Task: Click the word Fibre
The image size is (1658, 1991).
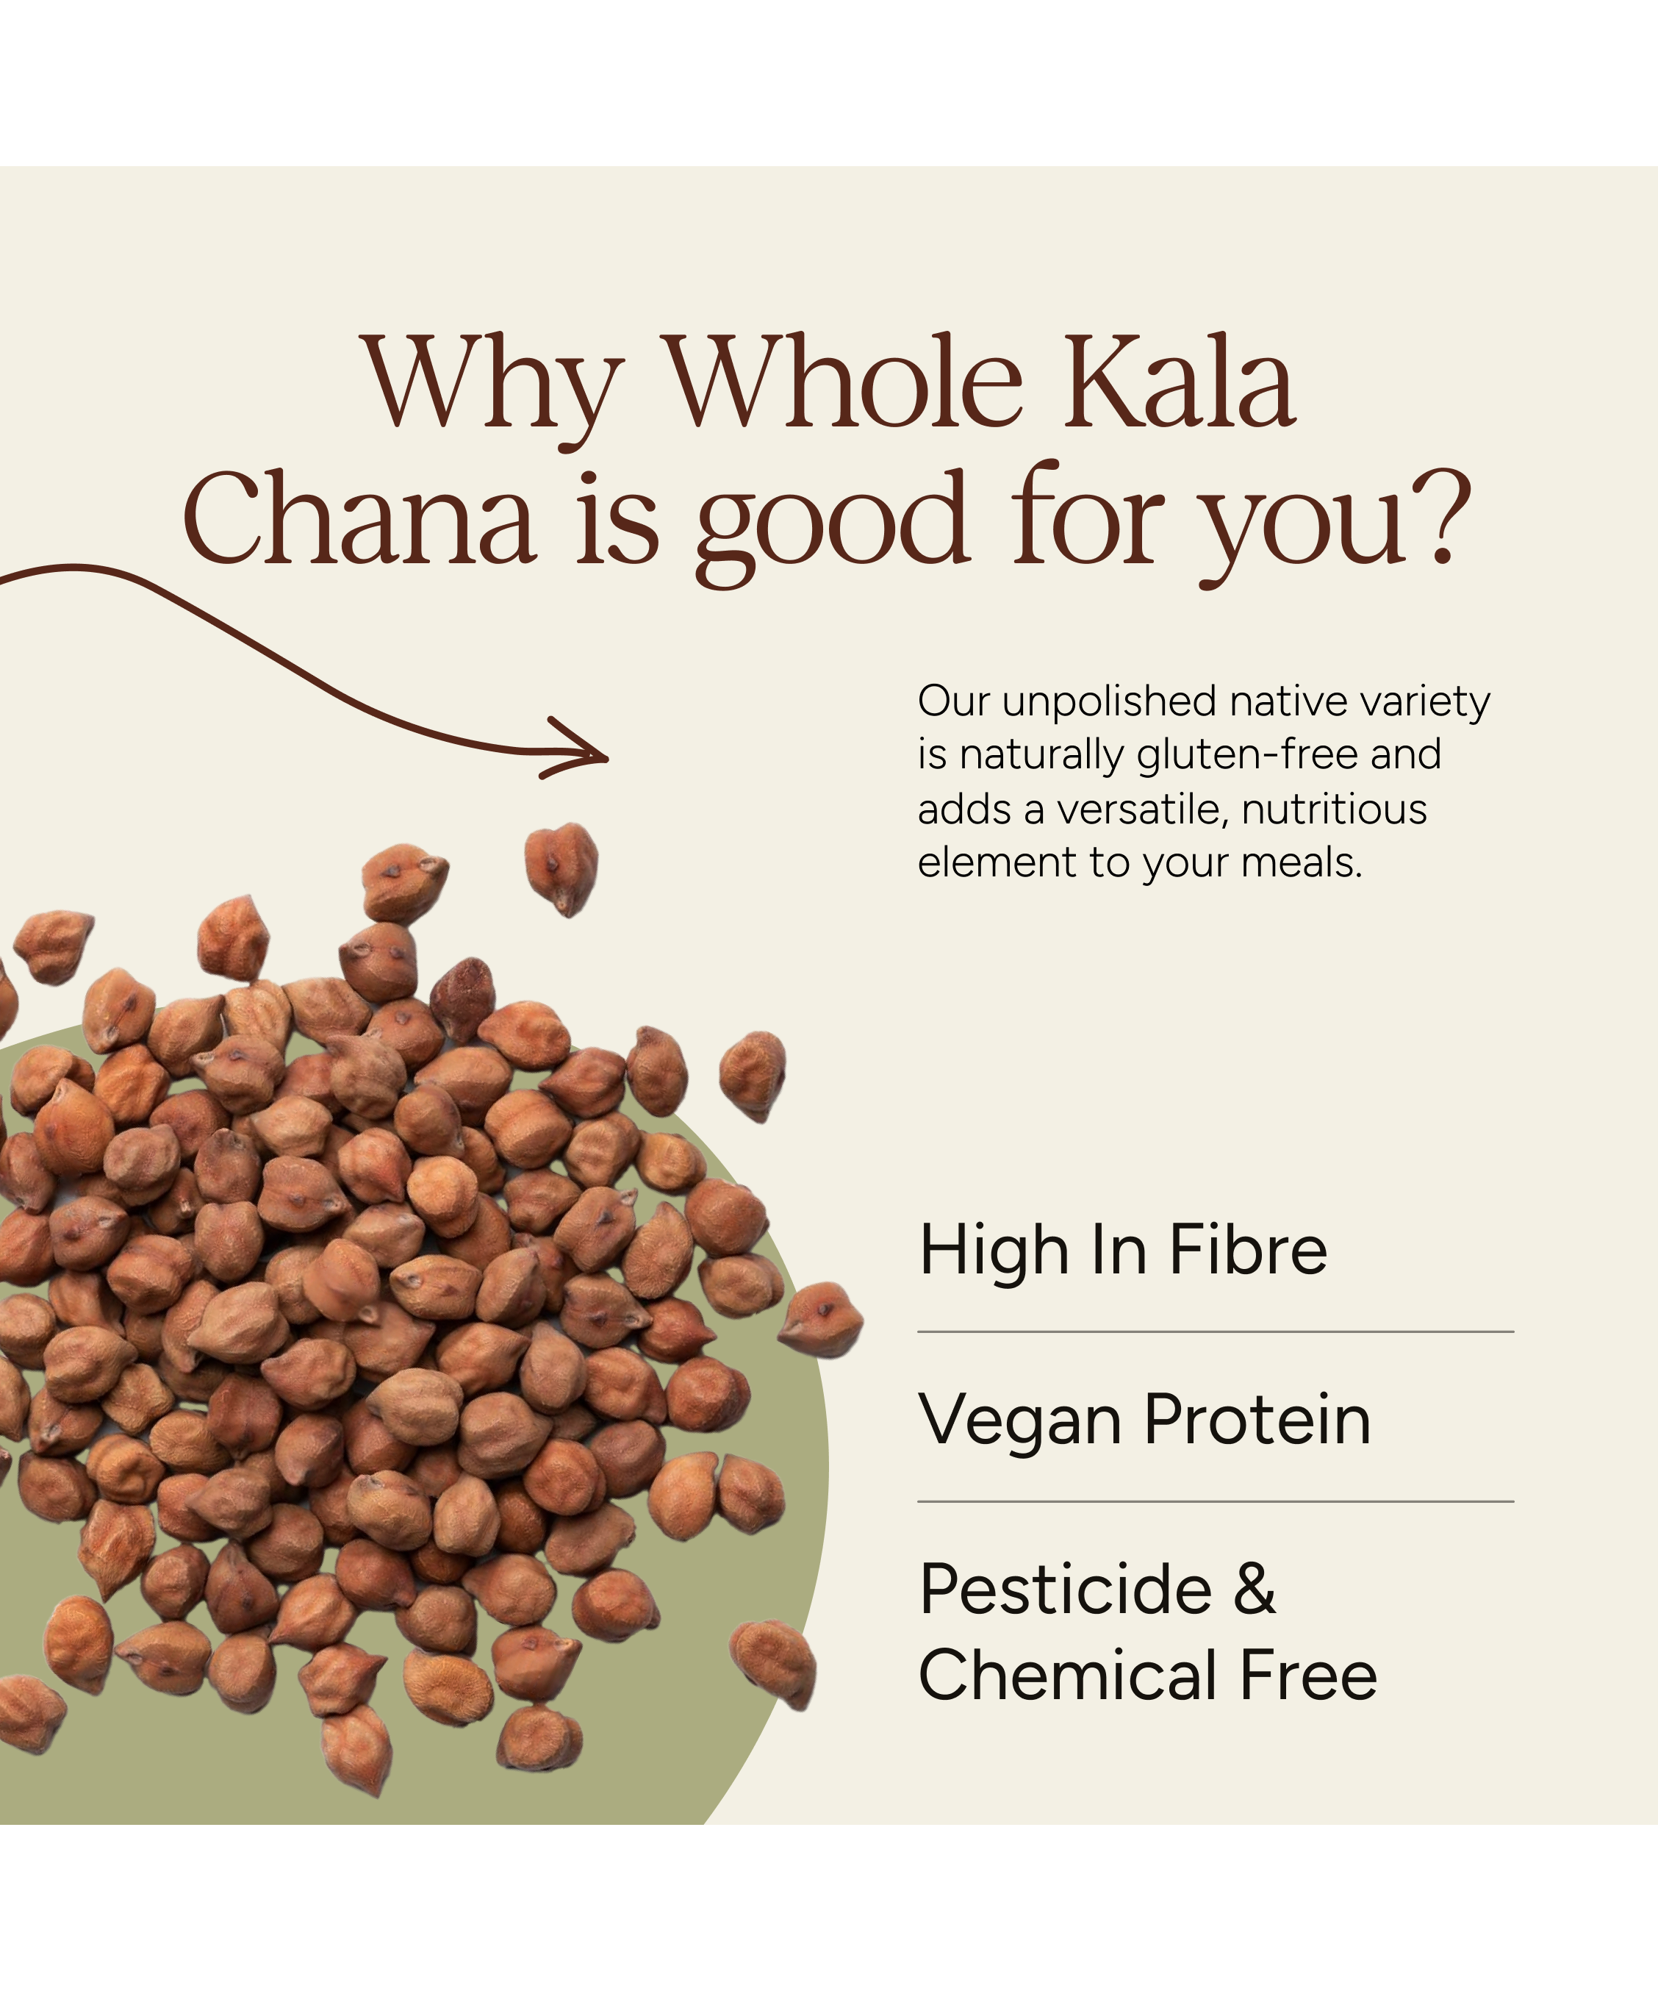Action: point(1247,1250)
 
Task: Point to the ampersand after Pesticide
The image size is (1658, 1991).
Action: point(1255,1589)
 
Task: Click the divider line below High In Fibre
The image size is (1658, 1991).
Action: point(1216,1332)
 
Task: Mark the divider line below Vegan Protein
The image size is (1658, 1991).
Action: point(1216,1502)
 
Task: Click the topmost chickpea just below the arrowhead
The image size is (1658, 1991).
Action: point(562,868)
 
